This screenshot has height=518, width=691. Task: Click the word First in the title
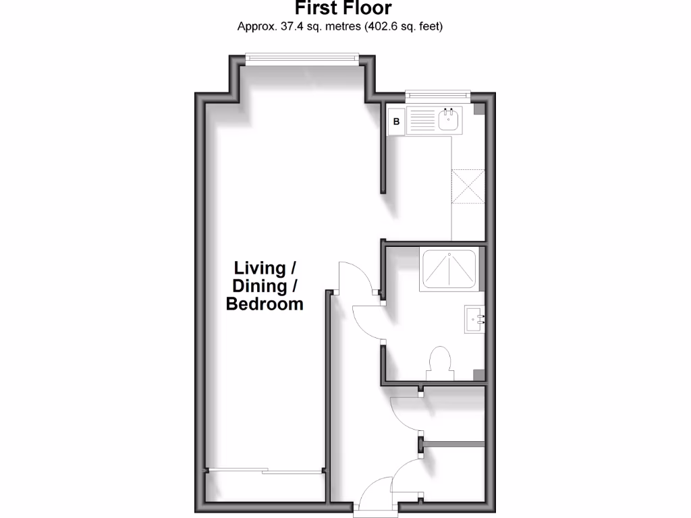pos(317,9)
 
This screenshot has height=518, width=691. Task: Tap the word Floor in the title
pos(368,9)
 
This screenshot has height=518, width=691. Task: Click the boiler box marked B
pos(396,122)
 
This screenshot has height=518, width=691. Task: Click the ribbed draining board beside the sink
pos(422,122)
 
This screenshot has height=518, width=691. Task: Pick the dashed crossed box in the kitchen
pos(468,185)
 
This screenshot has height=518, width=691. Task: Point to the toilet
pos(440,363)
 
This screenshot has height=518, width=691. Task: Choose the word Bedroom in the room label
pos(265,304)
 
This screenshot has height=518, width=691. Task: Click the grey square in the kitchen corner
pos(478,109)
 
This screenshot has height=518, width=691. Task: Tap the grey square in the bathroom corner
pos(478,375)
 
